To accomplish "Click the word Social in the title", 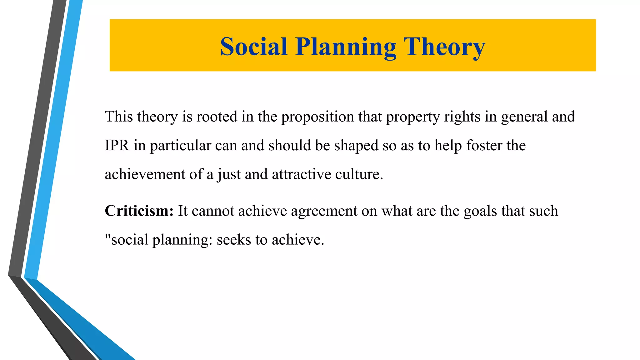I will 253,47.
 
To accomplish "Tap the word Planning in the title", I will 346,47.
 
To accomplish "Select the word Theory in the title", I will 444,47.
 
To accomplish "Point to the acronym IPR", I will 117,146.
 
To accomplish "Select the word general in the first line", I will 524,117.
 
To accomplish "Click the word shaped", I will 356,146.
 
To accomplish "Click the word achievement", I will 145,174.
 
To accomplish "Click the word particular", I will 180,146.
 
